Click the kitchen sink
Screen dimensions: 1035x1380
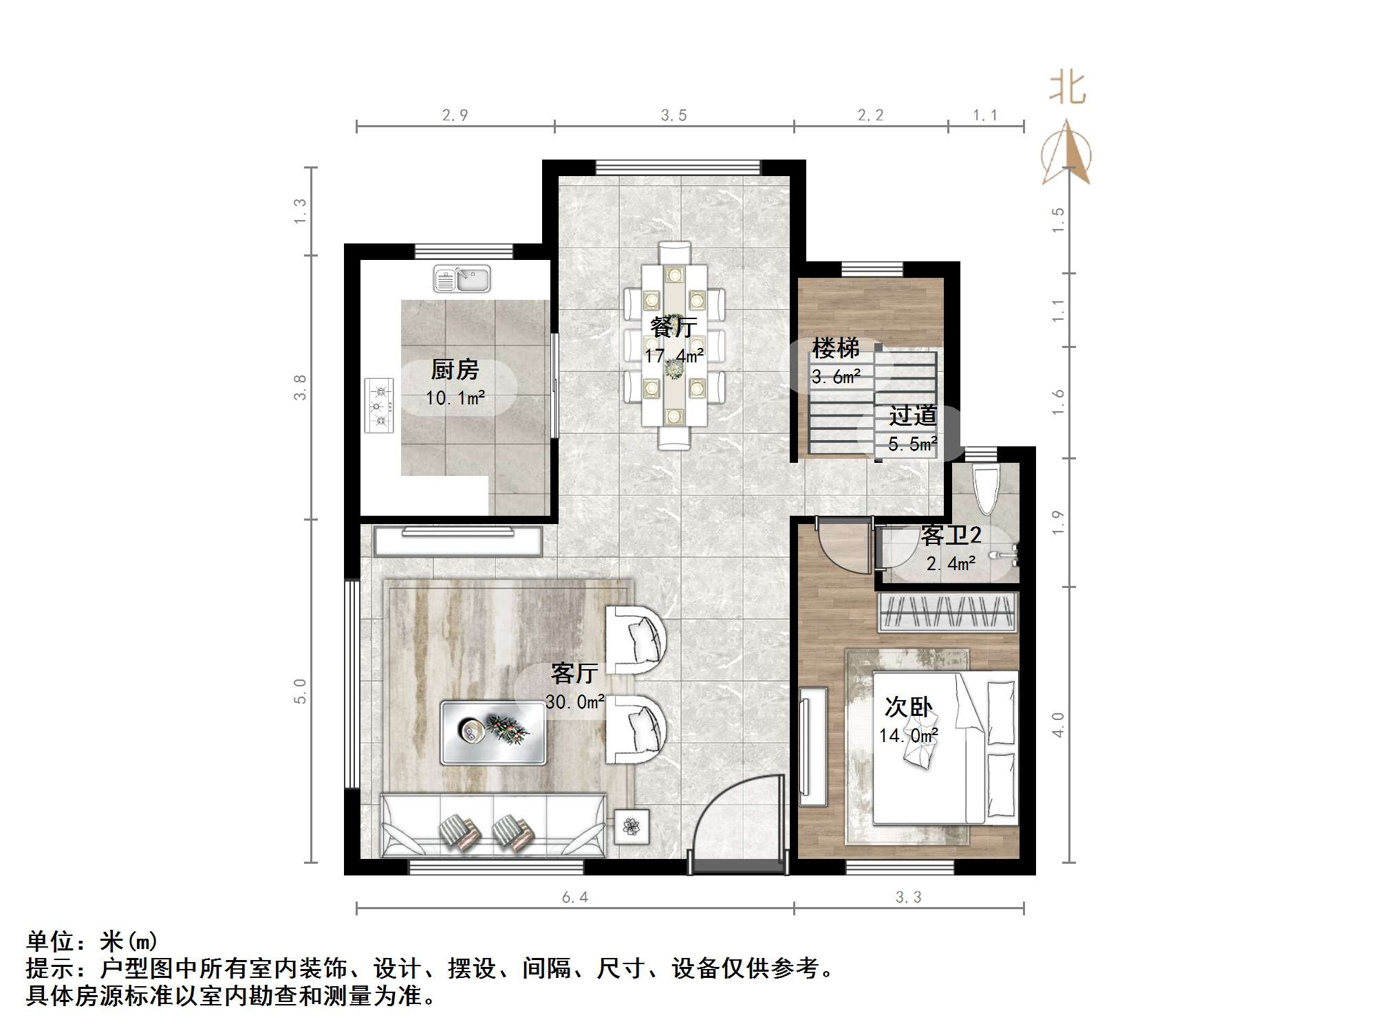[x=462, y=279]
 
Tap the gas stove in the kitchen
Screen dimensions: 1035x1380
[x=378, y=406]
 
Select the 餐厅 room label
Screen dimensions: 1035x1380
[x=673, y=327]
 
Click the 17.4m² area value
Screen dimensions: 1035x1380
[x=673, y=356]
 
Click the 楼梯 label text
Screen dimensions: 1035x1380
[x=835, y=348]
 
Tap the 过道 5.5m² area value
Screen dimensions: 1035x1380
[x=912, y=444]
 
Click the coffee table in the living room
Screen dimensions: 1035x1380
[x=493, y=732]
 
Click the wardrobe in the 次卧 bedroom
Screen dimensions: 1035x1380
[x=947, y=612]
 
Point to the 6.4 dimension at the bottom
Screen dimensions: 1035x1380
[x=574, y=897]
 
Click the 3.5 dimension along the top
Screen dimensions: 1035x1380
[x=673, y=116]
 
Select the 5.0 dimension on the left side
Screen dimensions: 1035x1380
[x=300, y=690]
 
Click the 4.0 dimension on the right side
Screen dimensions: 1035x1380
[x=1058, y=725]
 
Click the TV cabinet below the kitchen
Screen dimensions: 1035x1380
[x=457, y=541]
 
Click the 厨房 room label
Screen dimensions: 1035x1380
[x=455, y=370]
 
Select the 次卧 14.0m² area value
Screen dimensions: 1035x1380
[x=908, y=736]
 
